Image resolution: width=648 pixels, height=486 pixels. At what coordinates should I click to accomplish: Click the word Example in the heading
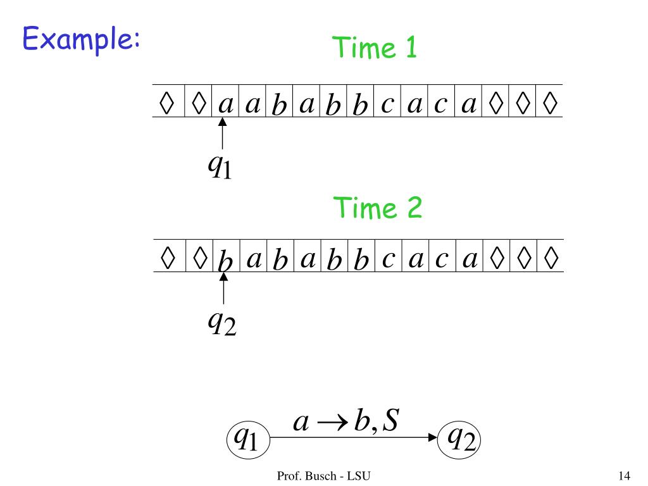click(80, 40)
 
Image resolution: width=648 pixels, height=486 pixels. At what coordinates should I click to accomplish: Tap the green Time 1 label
click(375, 47)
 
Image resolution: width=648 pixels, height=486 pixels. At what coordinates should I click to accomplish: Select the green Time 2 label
click(378, 208)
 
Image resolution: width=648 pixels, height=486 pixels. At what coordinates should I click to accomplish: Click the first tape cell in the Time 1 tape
click(167, 103)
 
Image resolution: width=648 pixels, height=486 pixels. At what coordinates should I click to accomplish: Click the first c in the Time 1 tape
click(388, 103)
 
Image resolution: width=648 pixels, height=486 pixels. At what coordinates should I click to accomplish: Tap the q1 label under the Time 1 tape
click(220, 166)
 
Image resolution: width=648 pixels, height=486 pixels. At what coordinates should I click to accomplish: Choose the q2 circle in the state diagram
click(460, 437)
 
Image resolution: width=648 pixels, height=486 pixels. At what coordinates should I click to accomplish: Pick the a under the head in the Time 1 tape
click(225, 103)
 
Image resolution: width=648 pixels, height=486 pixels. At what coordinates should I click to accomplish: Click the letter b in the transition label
click(361, 420)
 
